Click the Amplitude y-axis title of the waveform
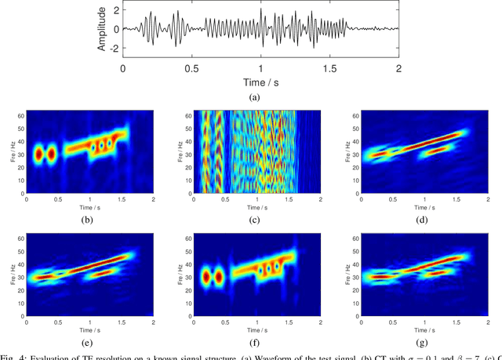pyautogui.click(x=101, y=29)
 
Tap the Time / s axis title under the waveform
pyautogui.click(x=260, y=81)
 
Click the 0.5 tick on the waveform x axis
pyautogui.click(x=191, y=68)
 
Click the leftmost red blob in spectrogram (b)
pyautogui.click(x=36, y=155)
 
